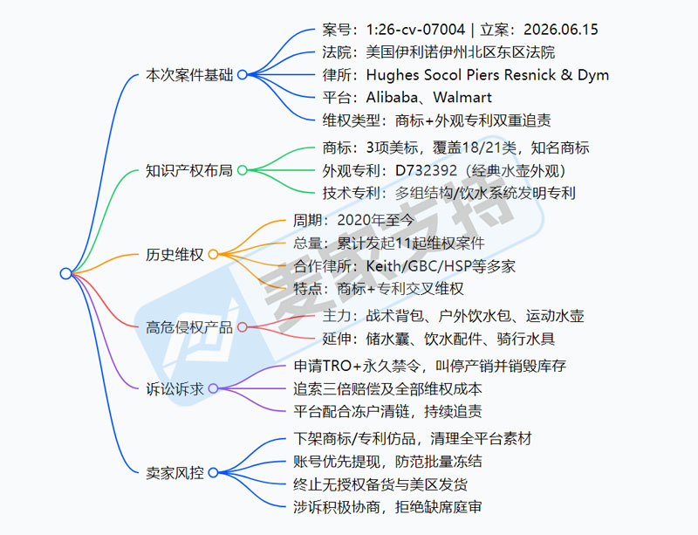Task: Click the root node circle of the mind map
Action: pos(66,273)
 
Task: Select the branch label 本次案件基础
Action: pos(189,75)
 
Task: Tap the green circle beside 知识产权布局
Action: pos(243,170)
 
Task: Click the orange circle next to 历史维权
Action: pos(213,254)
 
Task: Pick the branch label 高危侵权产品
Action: pos(189,328)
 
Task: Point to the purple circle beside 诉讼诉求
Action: pos(213,388)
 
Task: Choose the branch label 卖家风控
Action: pos(175,473)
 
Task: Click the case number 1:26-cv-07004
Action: pos(415,30)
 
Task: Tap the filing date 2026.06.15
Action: pos(561,30)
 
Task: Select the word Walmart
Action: pos(462,97)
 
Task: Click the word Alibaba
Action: pos(392,97)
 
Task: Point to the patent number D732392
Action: pos(426,170)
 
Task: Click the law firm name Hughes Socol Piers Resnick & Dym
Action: pos(488,75)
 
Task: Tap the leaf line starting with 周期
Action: pos(353,220)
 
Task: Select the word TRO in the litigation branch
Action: pos(338,366)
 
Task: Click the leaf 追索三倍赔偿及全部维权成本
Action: pos(387,389)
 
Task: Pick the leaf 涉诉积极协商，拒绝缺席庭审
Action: pos(387,507)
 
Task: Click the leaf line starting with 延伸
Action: pos(439,339)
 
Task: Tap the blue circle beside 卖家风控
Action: pos(213,472)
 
